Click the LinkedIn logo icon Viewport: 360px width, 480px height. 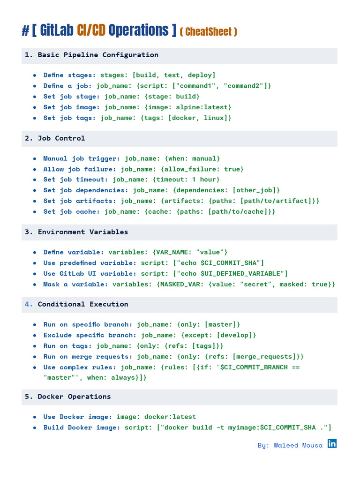pyautogui.click(x=332, y=443)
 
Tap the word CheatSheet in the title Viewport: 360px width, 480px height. pyautogui.click(x=208, y=32)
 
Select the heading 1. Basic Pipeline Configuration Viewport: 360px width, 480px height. pyautogui.click(x=91, y=55)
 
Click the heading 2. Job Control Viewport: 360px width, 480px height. pyautogui.click(x=55, y=138)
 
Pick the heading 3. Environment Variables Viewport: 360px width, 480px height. pyautogui.click(x=76, y=232)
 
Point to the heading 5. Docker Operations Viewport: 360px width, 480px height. pyautogui.click(x=68, y=397)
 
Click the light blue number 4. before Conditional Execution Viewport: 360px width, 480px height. pyautogui.click(x=29, y=304)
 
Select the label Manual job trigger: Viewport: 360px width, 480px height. pyautogui.click(x=82, y=158)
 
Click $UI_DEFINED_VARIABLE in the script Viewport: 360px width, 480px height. pyautogui.click(x=242, y=274)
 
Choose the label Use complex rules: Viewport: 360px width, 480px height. pyautogui.click(x=80, y=367)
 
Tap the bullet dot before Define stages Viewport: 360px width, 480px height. pyautogui.click(x=35, y=75)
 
